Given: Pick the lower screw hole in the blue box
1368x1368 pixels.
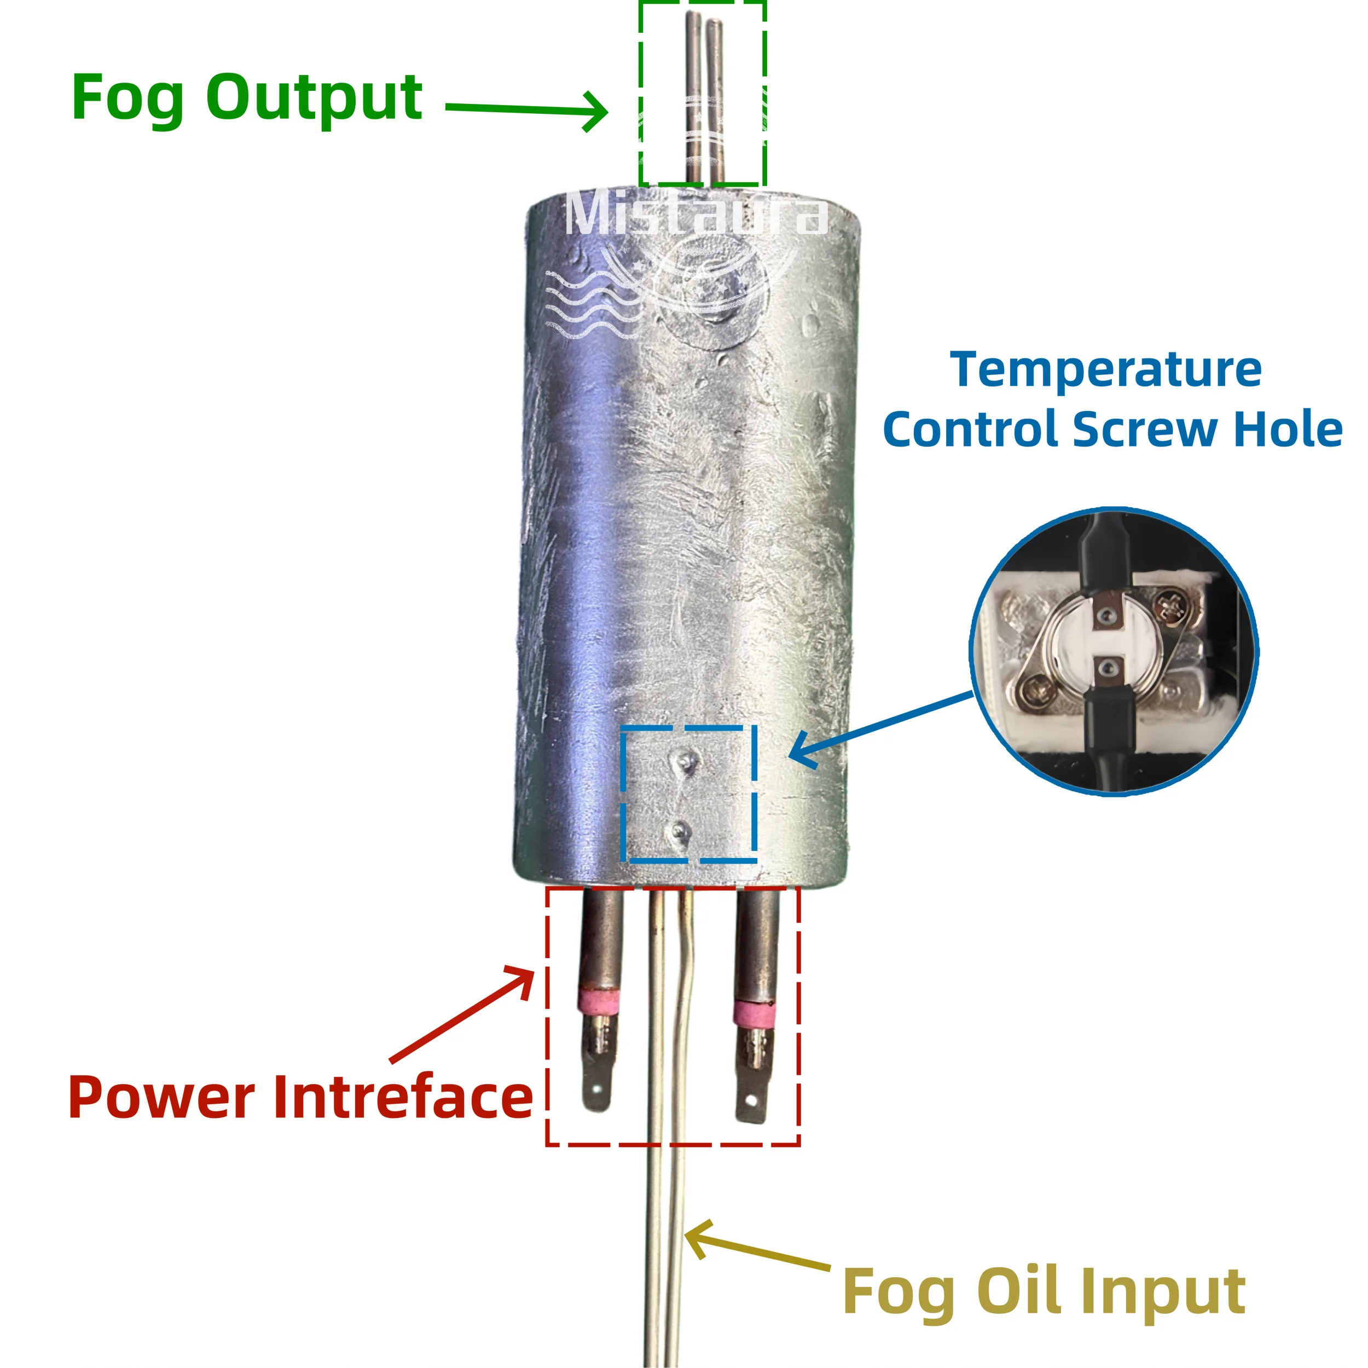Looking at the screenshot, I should click(681, 831).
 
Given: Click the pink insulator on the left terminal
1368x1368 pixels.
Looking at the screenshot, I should click(598, 1001).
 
